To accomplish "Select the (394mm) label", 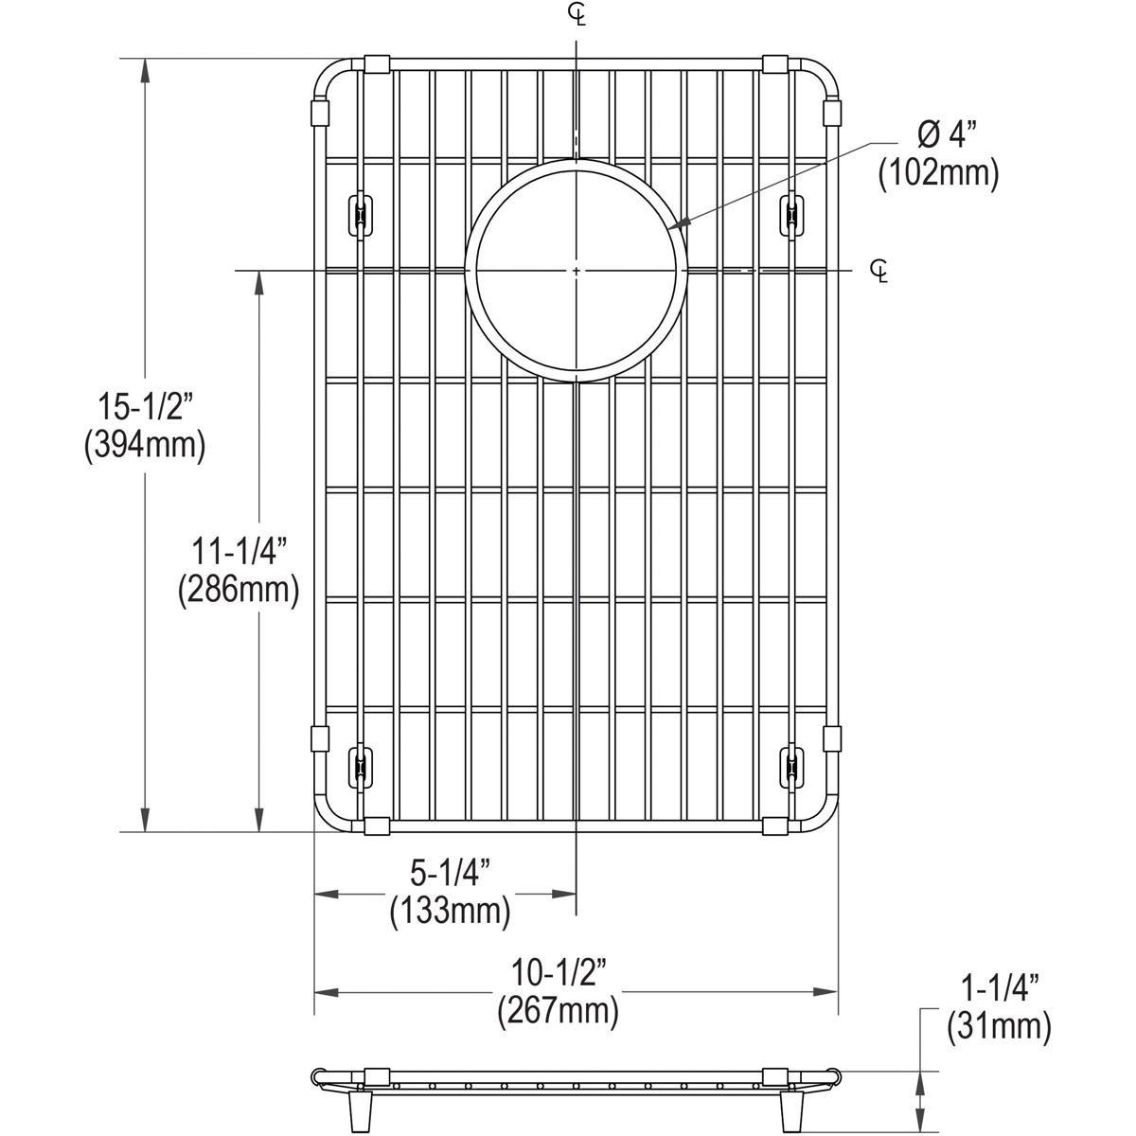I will tap(144, 444).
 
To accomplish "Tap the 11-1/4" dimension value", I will tap(238, 551).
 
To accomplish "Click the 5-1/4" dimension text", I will tap(450, 872).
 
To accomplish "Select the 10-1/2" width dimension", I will tap(559, 972).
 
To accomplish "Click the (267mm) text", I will tap(559, 1010).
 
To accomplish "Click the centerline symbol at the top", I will tap(577, 13).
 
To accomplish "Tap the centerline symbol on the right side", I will tap(879, 271).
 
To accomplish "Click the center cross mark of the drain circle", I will tap(577, 271).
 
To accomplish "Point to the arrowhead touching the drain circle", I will tap(675, 226).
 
